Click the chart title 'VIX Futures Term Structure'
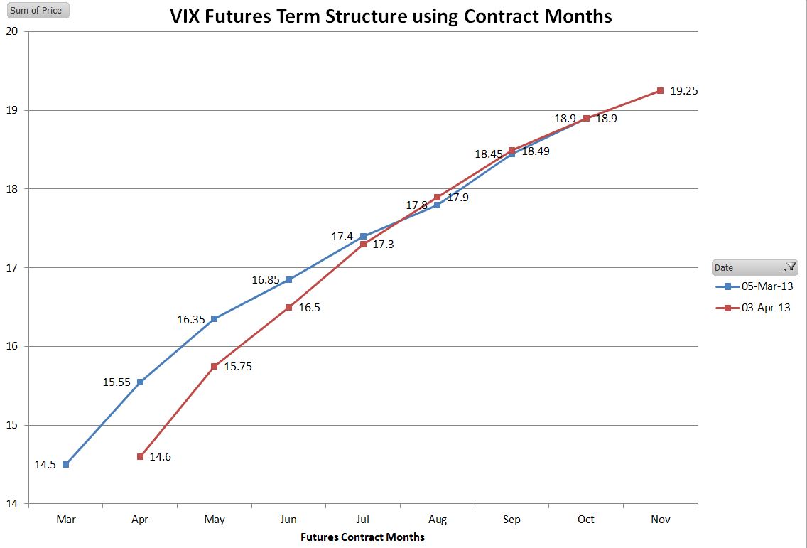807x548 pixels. pyautogui.click(x=391, y=16)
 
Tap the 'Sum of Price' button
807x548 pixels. pyautogui.click(x=36, y=11)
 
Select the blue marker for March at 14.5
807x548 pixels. pyautogui.click(x=66, y=464)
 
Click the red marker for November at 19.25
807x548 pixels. pyautogui.click(x=660, y=90)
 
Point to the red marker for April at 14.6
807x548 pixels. pyautogui.click(x=140, y=456)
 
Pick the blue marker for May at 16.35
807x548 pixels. pyautogui.click(x=215, y=318)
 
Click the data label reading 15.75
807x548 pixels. pyautogui.click(x=238, y=367)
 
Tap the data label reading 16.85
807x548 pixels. pyautogui.click(x=266, y=280)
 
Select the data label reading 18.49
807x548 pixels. pyautogui.click(x=536, y=151)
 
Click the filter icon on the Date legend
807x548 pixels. pyautogui.click(x=790, y=267)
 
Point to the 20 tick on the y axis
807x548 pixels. pyautogui.click(x=15, y=31)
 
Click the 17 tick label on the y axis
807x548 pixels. pyautogui.click(x=15, y=268)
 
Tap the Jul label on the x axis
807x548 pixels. pyautogui.click(x=363, y=520)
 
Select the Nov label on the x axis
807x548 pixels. pyautogui.click(x=660, y=520)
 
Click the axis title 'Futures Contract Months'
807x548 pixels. pyautogui.click(x=362, y=537)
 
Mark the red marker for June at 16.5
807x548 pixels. pyautogui.click(x=288, y=307)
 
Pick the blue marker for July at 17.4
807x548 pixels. pyautogui.click(x=363, y=236)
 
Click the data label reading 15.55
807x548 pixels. pyautogui.click(x=117, y=382)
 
